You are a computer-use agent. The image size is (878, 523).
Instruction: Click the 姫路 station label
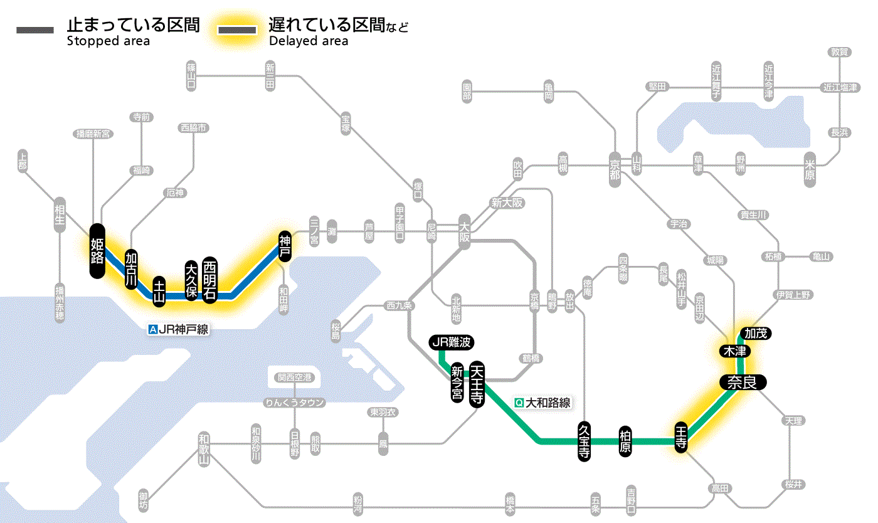click(x=97, y=251)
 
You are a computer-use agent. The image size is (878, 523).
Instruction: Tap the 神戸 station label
click(x=285, y=245)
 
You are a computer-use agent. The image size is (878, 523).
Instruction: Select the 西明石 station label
click(x=210, y=280)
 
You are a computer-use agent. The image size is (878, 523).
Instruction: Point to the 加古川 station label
click(x=131, y=270)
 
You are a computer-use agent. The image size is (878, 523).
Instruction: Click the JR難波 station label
click(x=451, y=342)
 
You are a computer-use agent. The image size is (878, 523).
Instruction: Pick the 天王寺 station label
click(x=477, y=384)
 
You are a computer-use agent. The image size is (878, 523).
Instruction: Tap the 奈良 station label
click(x=742, y=383)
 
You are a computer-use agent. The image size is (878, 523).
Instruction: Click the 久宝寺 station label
click(x=584, y=442)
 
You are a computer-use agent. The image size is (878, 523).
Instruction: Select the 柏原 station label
click(x=625, y=442)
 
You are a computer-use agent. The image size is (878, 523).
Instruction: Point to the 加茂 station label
click(x=755, y=333)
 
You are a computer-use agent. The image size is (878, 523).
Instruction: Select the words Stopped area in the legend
click(x=108, y=41)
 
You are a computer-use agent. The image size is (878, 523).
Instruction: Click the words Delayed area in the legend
click(x=309, y=41)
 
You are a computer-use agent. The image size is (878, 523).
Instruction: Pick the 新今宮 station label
click(x=457, y=383)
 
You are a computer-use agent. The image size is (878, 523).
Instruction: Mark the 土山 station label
click(x=160, y=292)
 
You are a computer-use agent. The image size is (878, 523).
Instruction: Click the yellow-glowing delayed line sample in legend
click(x=238, y=30)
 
